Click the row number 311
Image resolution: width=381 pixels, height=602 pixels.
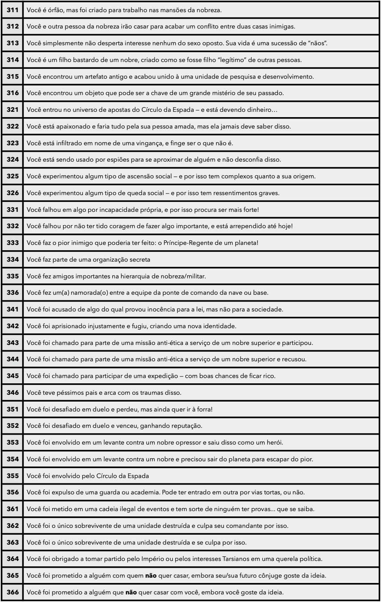point(13,10)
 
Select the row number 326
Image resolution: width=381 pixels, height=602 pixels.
point(13,193)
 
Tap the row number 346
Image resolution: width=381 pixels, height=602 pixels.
point(13,392)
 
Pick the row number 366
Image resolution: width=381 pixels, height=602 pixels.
point(13,592)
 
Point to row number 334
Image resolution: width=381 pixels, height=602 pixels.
point(13,259)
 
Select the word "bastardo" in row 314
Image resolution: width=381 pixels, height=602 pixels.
point(82,60)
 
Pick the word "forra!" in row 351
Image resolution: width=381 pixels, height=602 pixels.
point(204,409)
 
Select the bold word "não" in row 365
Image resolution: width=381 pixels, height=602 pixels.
point(151,575)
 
